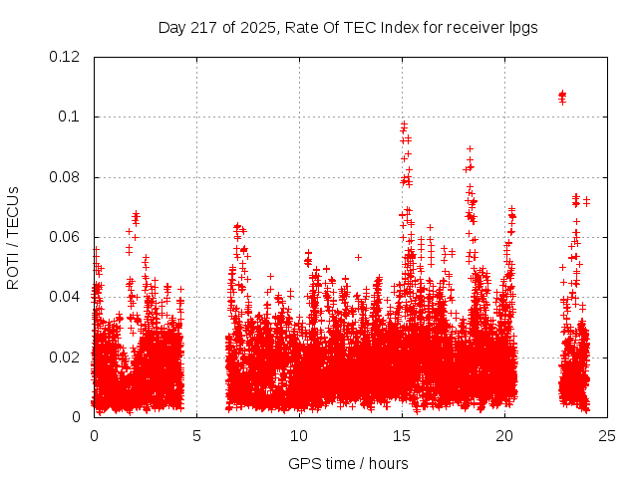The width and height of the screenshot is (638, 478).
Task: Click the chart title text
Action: tap(348, 27)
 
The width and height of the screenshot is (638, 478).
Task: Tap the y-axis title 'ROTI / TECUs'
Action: tap(13, 237)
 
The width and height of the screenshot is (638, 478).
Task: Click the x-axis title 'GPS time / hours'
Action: tap(348, 463)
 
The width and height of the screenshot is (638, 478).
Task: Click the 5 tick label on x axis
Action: tap(196, 435)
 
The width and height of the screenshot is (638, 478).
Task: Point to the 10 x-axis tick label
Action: tap(299, 435)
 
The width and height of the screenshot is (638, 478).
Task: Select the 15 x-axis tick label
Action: tap(402, 435)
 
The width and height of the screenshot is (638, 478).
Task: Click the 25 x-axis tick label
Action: tap(607, 435)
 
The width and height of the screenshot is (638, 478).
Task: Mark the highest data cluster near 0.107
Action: tap(562, 96)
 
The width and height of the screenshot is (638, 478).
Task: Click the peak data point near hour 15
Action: tap(404, 123)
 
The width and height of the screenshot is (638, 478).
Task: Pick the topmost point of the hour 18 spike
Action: tap(470, 148)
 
